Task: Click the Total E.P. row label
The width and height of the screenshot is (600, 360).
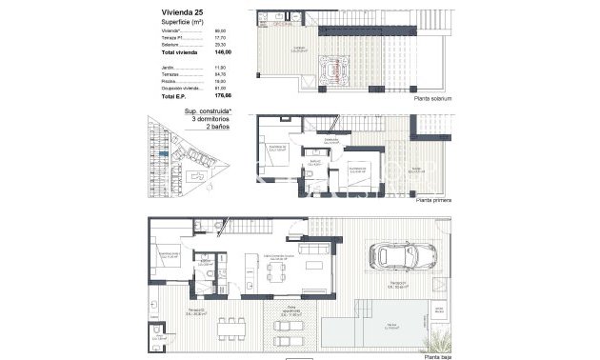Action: tap(174, 96)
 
